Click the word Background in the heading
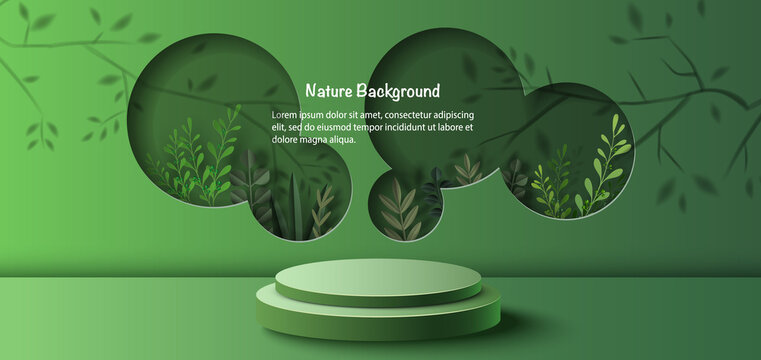coord(399,91)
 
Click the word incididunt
coord(406,127)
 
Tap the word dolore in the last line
coord(286,139)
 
